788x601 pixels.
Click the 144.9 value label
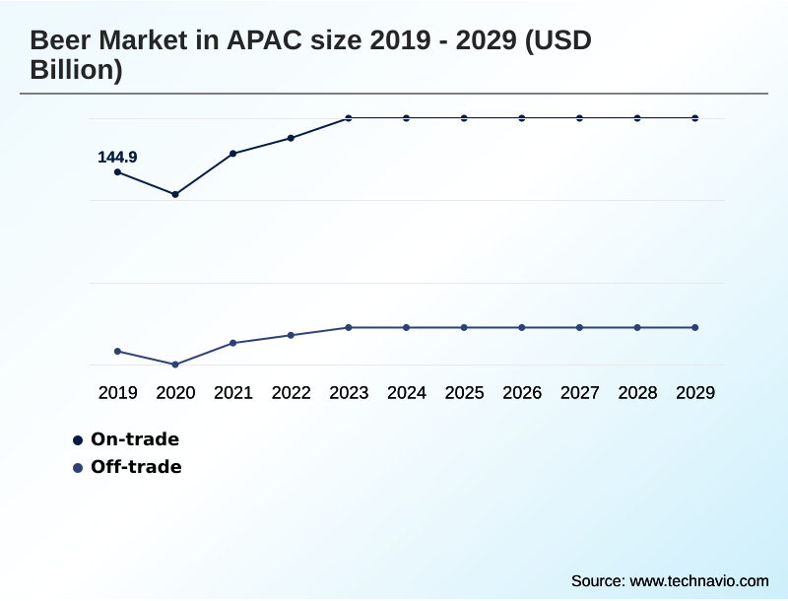(x=117, y=157)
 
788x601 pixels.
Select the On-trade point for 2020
(x=175, y=194)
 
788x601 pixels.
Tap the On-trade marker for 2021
(x=233, y=154)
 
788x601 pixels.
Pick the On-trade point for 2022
(x=291, y=138)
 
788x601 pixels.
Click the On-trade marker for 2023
(x=349, y=118)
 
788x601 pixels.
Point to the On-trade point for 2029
(x=695, y=118)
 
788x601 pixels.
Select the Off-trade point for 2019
(x=117, y=351)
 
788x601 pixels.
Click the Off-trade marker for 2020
(x=175, y=365)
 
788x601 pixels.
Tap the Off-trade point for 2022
(x=291, y=335)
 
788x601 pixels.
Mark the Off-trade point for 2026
(x=522, y=327)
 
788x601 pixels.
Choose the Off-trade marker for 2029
(x=695, y=327)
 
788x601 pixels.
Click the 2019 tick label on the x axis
(x=117, y=393)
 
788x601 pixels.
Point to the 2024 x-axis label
(x=407, y=393)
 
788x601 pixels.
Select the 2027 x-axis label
(x=580, y=393)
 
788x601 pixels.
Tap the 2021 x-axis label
(x=233, y=393)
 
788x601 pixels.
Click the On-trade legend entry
(x=134, y=439)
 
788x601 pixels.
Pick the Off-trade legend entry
(x=136, y=467)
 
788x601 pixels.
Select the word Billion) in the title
(x=76, y=71)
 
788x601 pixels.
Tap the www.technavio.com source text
(x=698, y=580)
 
